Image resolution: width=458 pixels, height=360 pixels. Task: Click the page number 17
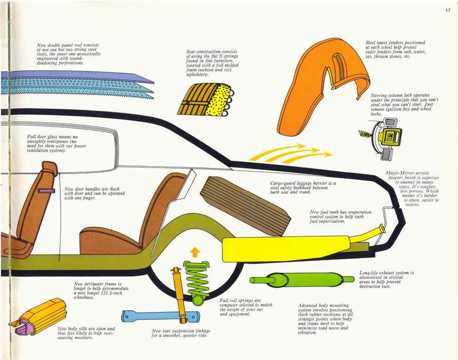point(447,10)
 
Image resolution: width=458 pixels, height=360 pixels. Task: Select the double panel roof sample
point(72,85)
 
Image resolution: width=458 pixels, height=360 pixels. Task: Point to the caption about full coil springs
point(246,307)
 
